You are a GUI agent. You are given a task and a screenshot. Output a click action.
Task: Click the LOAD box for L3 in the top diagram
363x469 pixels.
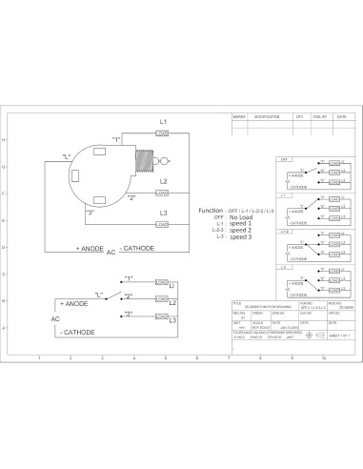[x=163, y=224]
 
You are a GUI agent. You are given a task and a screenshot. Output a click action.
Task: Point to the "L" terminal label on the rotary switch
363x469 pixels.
[x=66, y=155]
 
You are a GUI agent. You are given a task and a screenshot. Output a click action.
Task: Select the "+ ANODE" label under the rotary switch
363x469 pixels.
[x=90, y=248]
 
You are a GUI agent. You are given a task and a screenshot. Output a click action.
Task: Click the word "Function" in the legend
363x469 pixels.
[x=211, y=209]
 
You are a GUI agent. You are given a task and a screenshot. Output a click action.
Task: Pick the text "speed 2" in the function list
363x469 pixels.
[x=241, y=230]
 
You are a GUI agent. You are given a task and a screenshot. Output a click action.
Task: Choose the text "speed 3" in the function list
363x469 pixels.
[x=241, y=236]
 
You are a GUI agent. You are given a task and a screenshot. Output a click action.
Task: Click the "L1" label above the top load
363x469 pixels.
[x=163, y=122]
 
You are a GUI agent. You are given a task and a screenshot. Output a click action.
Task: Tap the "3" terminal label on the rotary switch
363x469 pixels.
[x=91, y=212]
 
